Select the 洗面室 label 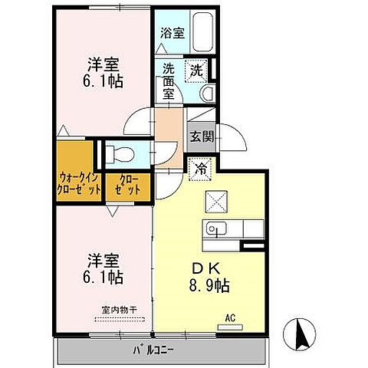[169, 80]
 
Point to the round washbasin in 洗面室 [205, 94]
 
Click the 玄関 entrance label [202, 138]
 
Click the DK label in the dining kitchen [202, 268]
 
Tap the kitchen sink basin [215, 228]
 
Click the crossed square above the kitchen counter [214, 202]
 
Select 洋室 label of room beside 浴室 [100, 64]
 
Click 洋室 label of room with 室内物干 [100, 259]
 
